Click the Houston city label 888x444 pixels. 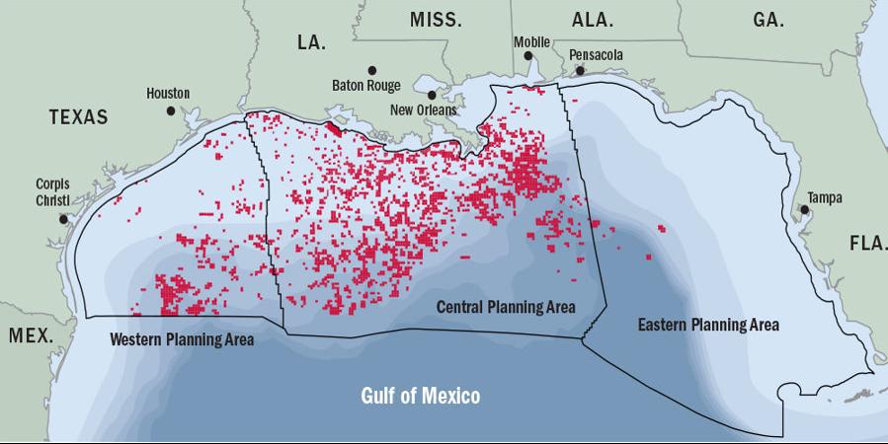point(168,94)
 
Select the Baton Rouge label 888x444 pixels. point(365,86)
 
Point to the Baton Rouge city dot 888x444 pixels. point(372,70)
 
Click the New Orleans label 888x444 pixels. point(424,110)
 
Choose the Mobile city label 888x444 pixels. point(530,41)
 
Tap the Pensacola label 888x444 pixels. point(597,55)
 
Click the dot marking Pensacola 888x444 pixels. point(580,70)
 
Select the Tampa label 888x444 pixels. point(825,198)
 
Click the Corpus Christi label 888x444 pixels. point(52,191)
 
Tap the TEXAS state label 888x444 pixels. point(78,117)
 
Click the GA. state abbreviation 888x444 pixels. point(767,20)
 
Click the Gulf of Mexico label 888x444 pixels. point(420,397)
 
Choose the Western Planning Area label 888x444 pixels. point(182,339)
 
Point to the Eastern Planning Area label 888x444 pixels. point(708,325)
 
